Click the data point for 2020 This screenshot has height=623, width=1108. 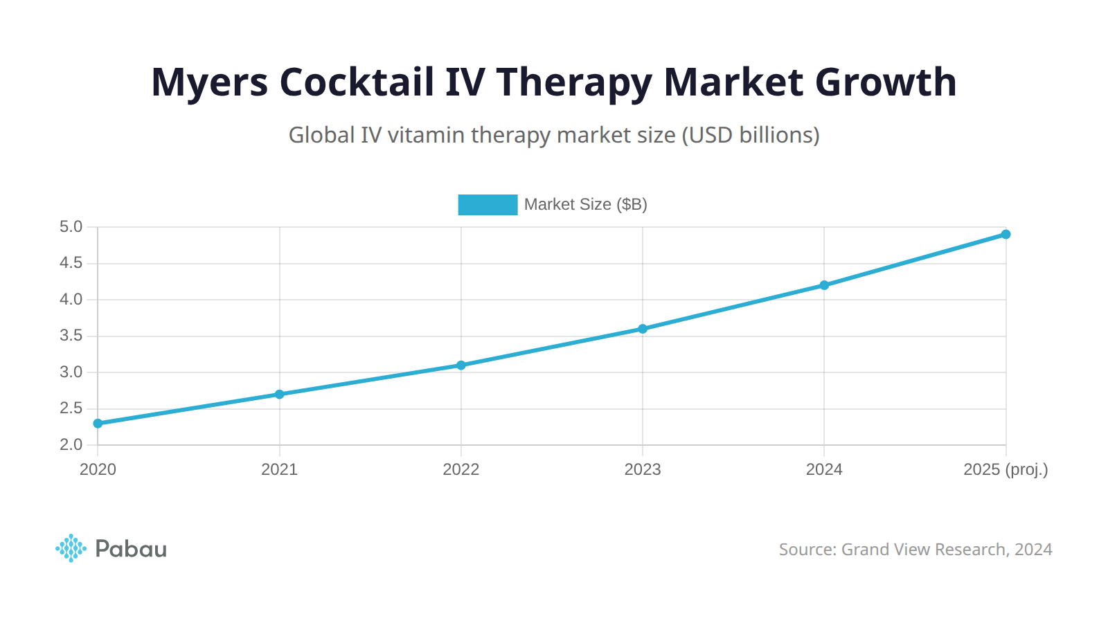(x=98, y=423)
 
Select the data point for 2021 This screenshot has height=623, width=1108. (x=280, y=394)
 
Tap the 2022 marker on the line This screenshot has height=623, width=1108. (x=461, y=365)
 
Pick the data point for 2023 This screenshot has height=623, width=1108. (x=643, y=329)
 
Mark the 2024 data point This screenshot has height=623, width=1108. (x=824, y=285)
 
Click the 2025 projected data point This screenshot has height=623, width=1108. (x=1006, y=234)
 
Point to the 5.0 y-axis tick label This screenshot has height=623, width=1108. (x=71, y=227)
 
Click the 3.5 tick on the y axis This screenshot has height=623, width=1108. (x=71, y=336)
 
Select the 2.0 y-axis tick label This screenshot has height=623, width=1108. (x=71, y=444)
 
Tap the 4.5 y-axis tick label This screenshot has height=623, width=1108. (x=71, y=263)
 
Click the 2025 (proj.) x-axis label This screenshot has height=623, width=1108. (x=1006, y=469)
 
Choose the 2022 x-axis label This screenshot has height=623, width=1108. (x=461, y=469)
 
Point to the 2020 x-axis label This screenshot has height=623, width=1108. (x=98, y=469)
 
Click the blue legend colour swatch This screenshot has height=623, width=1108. (x=488, y=204)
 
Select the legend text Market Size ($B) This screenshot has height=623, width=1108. (x=585, y=204)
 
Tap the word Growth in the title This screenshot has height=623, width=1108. (x=886, y=82)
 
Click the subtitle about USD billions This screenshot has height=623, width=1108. (x=554, y=134)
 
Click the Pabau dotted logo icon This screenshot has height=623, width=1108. (x=71, y=548)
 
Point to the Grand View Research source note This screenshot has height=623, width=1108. (x=915, y=549)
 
